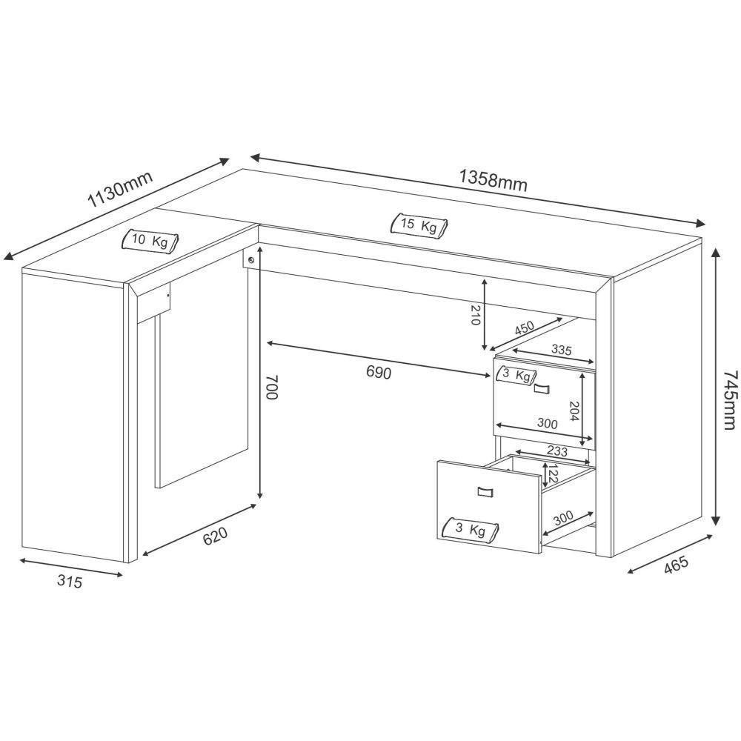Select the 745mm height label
[x=730, y=399]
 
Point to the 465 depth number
[x=676, y=565]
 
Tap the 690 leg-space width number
[x=378, y=373]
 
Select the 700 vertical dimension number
[x=271, y=388]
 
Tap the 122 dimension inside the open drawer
[x=552, y=474]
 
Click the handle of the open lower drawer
[x=485, y=491]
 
